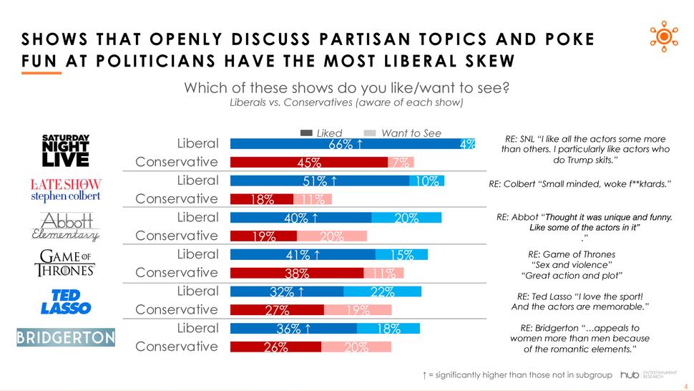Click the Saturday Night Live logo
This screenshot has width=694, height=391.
[x=65, y=152]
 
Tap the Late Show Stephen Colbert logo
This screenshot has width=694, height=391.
[x=65, y=190]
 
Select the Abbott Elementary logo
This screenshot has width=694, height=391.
[x=65, y=226]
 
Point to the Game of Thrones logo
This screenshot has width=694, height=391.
[x=65, y=263]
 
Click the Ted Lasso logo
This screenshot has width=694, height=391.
[x=65, y=301]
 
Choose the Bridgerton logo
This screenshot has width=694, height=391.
[x=65, y=337]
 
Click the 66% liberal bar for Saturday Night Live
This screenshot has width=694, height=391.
[x=344, y=144]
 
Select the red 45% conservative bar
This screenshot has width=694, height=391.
[x=308, y=163]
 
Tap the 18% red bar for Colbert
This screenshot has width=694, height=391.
[x=261, y=199]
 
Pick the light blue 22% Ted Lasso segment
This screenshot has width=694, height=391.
[x=382, y=291]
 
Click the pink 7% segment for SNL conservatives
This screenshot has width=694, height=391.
[x=401, y=163]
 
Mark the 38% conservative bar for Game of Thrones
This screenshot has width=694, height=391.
[x=296, y=273]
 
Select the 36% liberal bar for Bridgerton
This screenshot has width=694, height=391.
[x=293, y=329]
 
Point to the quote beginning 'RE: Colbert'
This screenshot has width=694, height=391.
[x=580, y=184]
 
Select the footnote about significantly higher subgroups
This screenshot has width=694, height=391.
[x=518, y=375]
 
